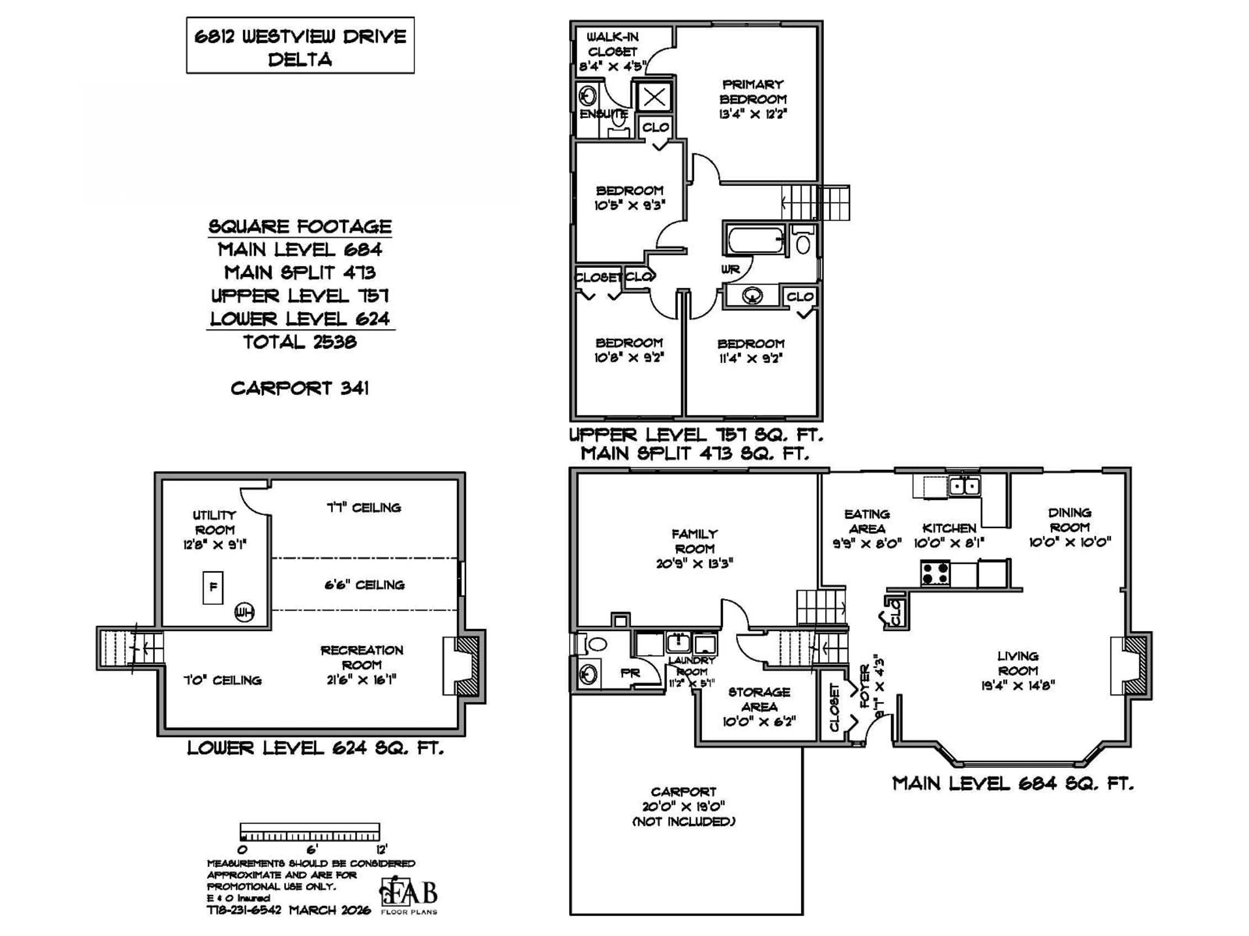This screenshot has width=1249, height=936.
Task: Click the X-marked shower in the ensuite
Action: coord(654,97)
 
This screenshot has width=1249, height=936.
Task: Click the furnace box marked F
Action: coord(213,587)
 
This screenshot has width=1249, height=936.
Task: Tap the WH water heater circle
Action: coord(245,612)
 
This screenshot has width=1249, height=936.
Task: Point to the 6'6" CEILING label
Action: coord(364,585)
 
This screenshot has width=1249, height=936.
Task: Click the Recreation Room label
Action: coord(362,657)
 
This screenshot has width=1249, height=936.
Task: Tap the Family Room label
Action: coord(694,541)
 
